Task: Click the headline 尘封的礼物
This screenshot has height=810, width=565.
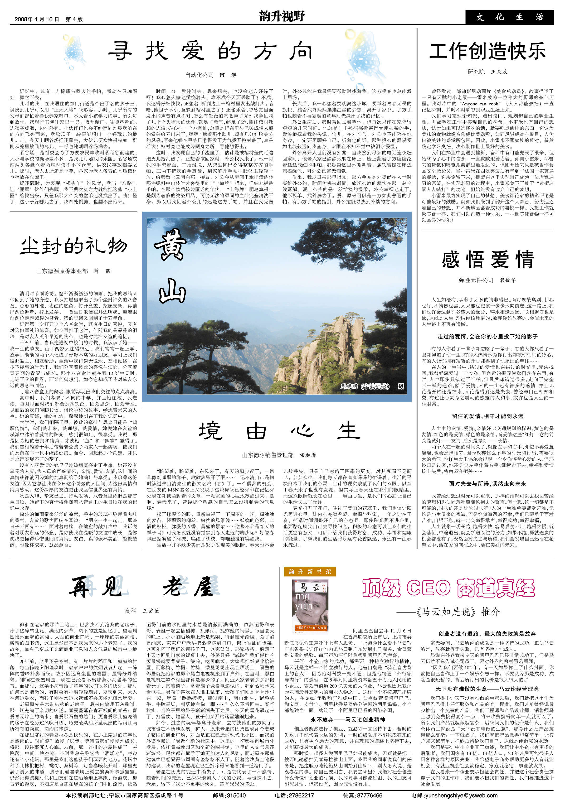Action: coord(73,246)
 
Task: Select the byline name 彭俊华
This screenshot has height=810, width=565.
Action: coord(508,280)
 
